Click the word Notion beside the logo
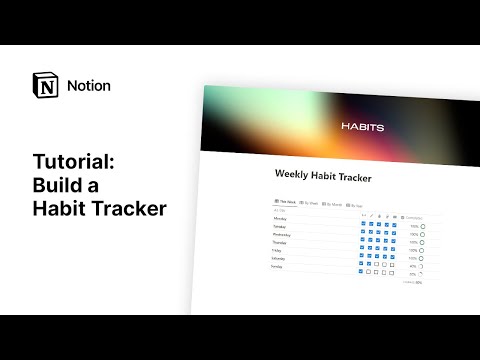[88, 86]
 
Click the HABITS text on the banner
[362, 128]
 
